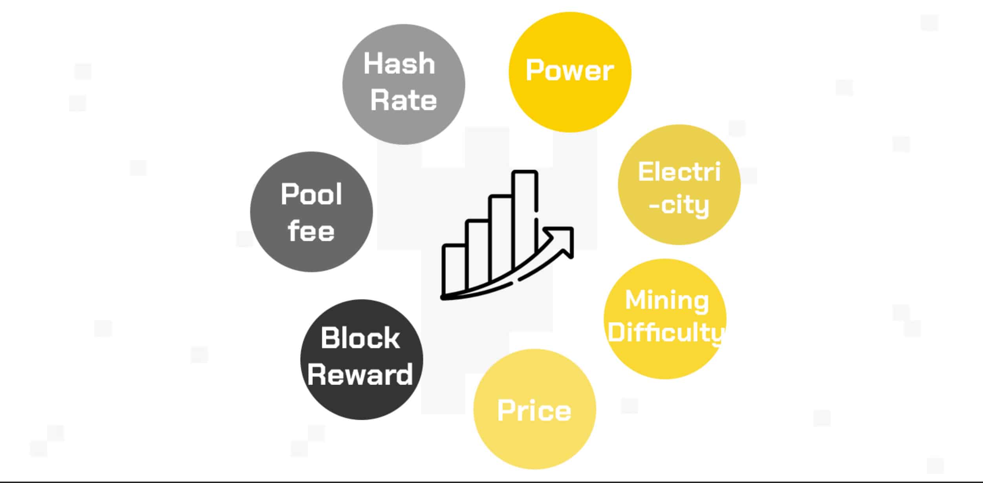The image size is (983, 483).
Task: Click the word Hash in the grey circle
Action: click(x=399, y=64)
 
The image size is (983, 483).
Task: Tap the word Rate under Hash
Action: click(x=403, y=100)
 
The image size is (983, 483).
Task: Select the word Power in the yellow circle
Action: click(x=569, y=71)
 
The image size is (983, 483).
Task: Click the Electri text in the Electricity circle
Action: click(x=679, y=172)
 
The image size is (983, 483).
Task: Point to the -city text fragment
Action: click(x=679, y=205)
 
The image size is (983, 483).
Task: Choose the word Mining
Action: click(x=667, y=300)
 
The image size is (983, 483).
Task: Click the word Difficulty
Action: click(x=665, y=333)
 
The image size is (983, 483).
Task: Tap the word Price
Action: click(x=534, y=410)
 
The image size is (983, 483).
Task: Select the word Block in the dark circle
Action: click(x=360, y=338)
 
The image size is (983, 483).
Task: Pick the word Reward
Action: click(x=360, y=374)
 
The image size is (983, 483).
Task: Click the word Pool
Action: click(x=311, y=194)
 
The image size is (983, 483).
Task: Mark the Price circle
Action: click(x=535, y=443)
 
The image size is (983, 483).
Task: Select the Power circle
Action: click(x=569, y=106)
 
